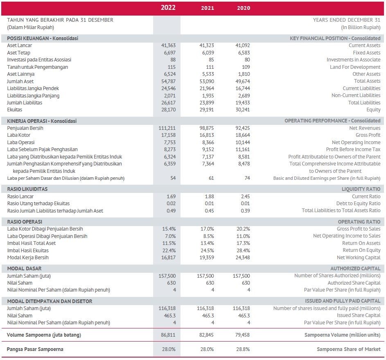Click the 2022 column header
(x=168, y=8)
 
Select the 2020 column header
(x=244, y=8)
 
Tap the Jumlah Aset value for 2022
(x=168, y=82)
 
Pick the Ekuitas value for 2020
(x=243, y=110)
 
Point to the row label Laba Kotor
(x=19, y=135)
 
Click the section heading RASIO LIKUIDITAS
(x=27, y=189)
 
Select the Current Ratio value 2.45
(x=245, y=197)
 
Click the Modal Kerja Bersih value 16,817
(x=167, y=258)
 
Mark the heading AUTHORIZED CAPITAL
(x=355, y=268)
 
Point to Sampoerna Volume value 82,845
(x=206, y=335)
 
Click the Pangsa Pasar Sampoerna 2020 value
(x=243, y=349)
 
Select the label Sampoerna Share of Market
(x=348, y=349)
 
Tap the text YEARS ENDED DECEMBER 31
(x=346, y=20)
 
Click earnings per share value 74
(x=246, y=178)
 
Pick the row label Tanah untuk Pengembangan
(x=38, y=67)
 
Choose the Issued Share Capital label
(x=359, y=315)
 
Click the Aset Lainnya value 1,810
(x=244, y=74)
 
